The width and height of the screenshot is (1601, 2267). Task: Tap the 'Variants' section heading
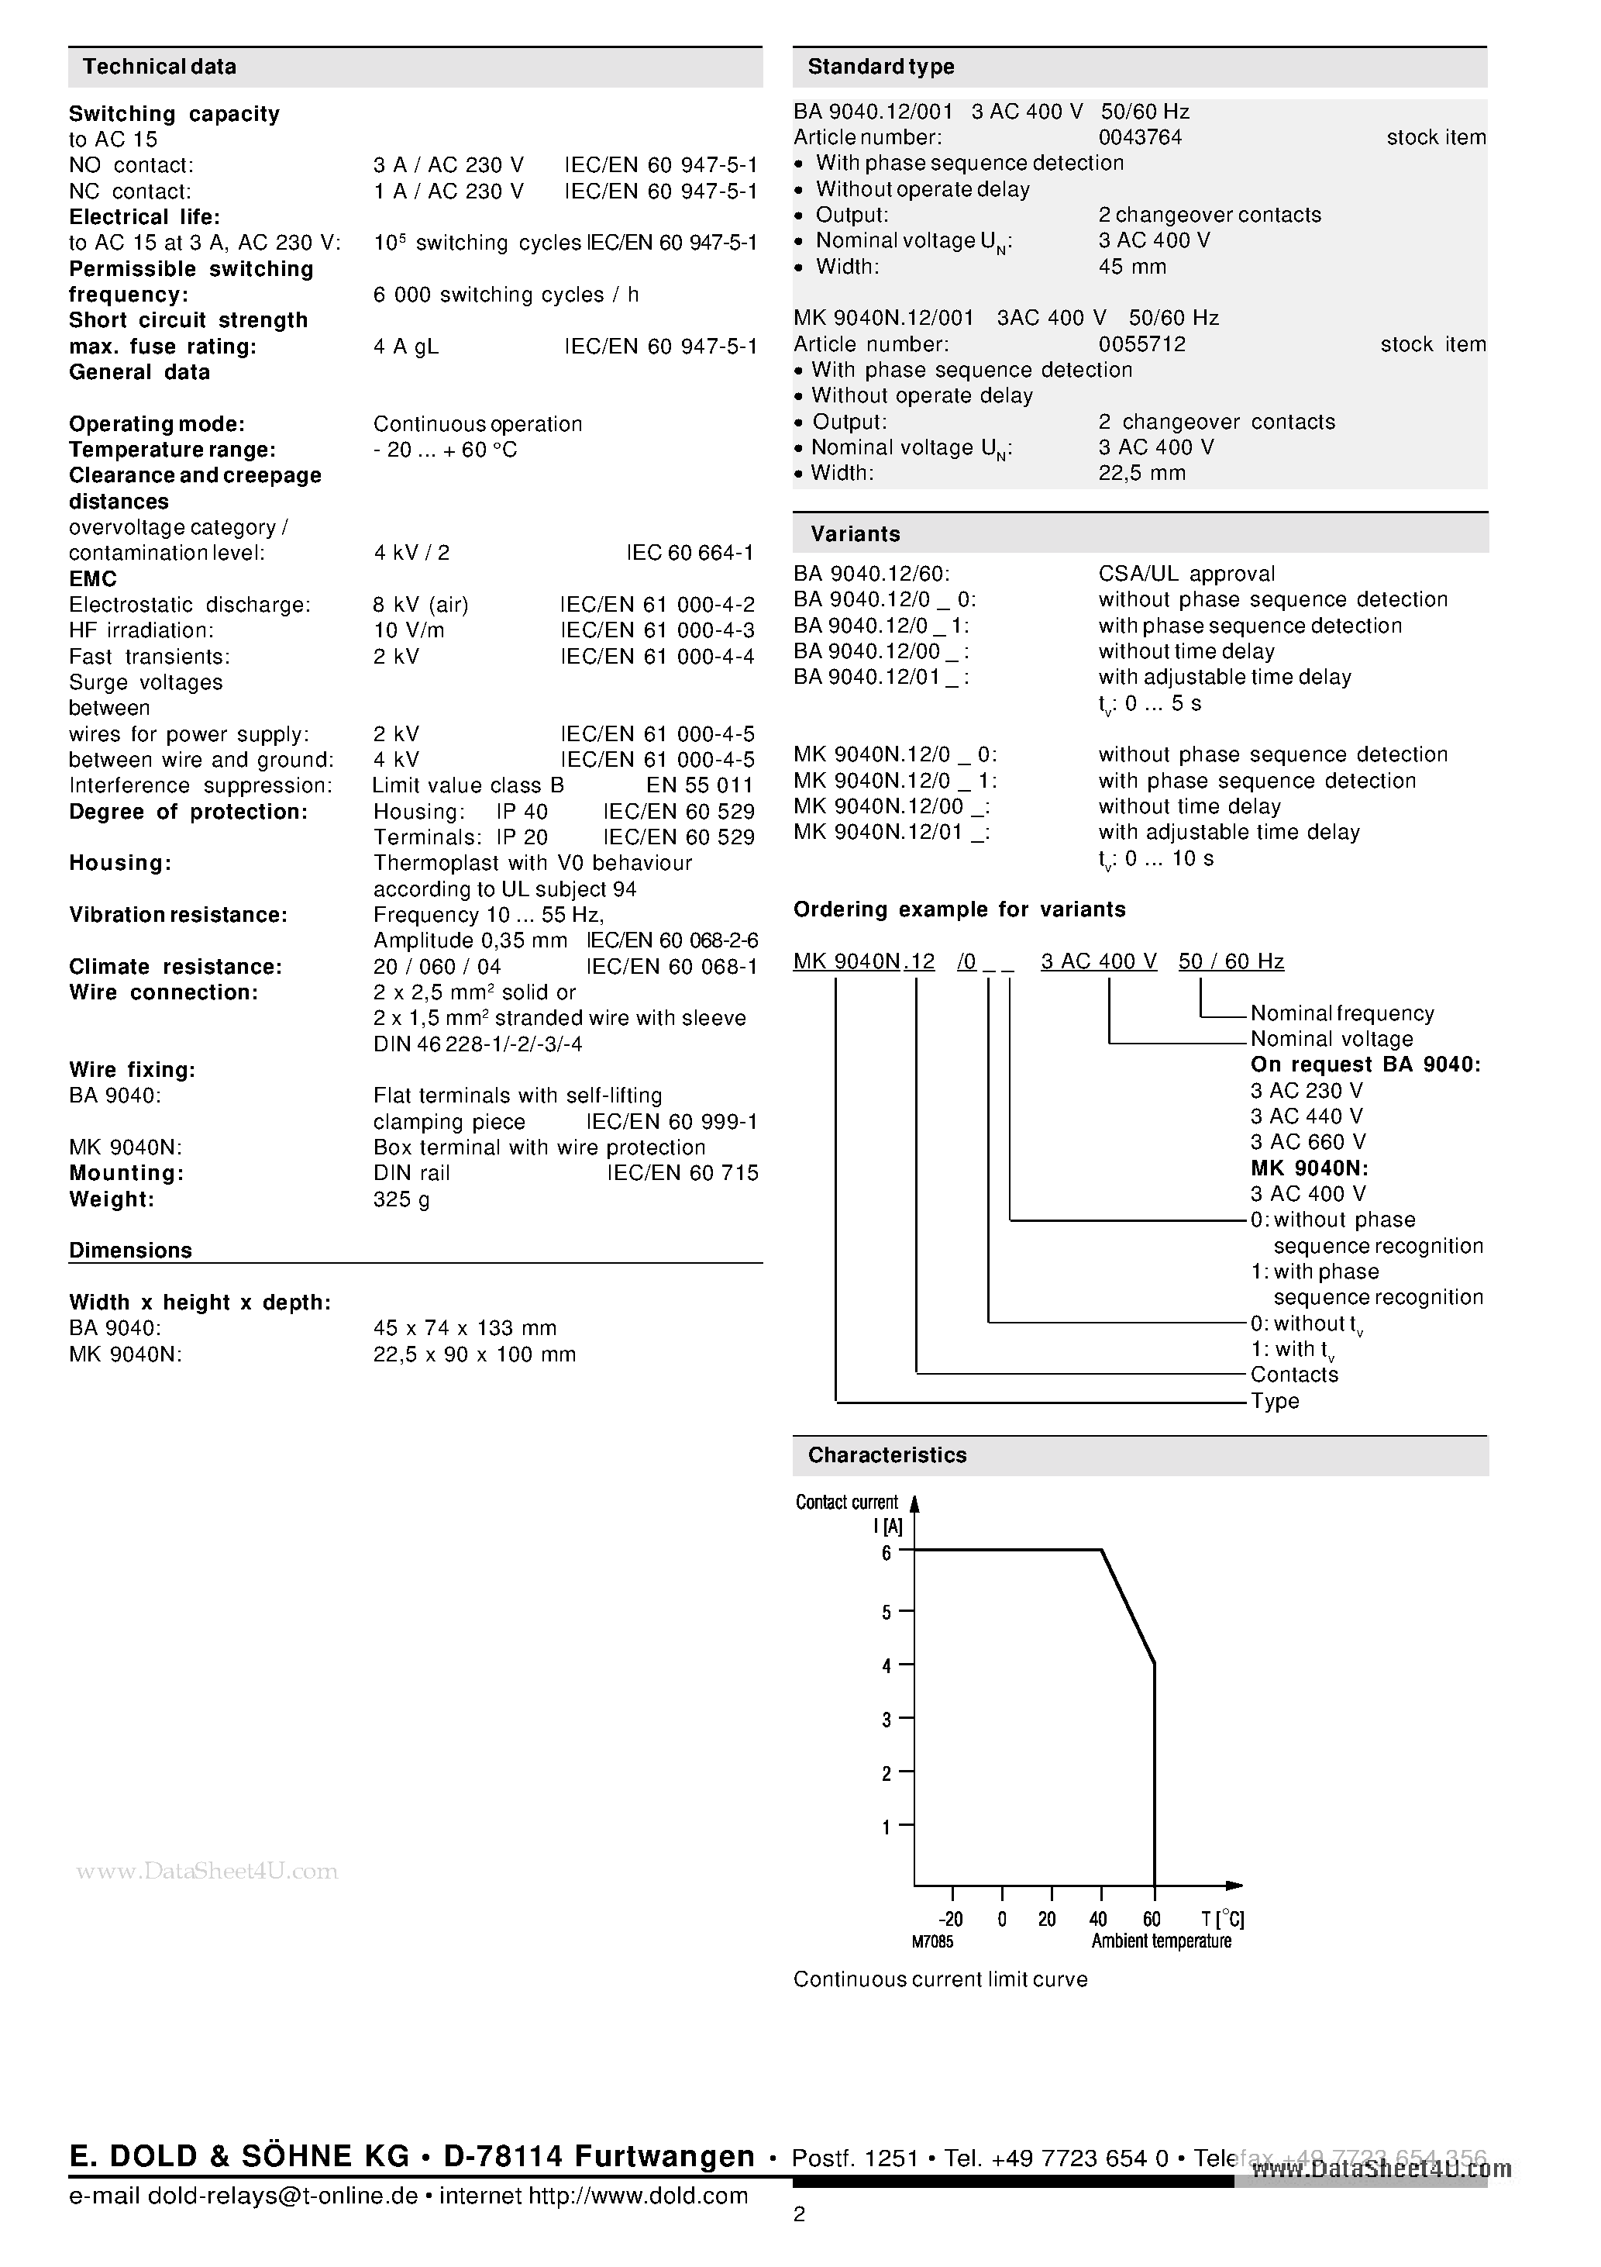(x=855, y=534)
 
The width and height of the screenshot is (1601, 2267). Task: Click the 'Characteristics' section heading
(x=887, y=1455)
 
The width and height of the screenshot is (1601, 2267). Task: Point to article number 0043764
(x=1139, y=138)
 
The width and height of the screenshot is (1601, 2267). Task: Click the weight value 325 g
(x=401, y=1199)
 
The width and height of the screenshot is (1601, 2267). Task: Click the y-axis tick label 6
(x=887, y=1553)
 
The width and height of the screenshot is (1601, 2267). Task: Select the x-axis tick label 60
(x=1151, y=1920)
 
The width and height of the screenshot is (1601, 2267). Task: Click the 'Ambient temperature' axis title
(x=1161, y=1941)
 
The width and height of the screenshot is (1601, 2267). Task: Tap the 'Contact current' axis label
(x=846, y=1503)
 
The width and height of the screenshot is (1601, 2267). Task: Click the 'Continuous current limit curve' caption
(x=940, y=1979)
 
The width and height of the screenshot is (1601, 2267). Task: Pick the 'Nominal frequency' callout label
(x=1341, y=1014)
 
